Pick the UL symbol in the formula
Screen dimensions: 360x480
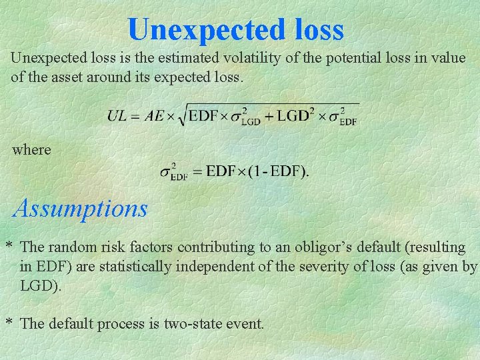117,116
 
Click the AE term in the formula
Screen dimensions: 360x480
154,116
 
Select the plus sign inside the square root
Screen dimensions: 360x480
269,116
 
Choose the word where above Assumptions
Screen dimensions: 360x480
31,149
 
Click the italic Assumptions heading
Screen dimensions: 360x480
81,209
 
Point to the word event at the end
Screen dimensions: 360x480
246,324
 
